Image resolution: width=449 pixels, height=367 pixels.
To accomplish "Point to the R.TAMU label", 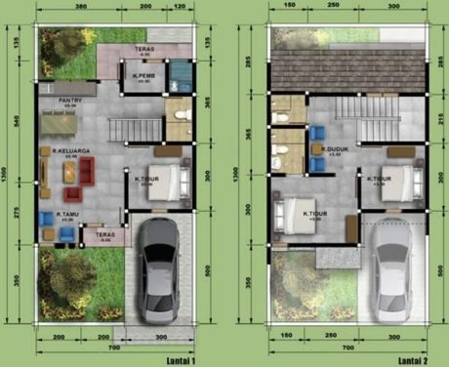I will tap(66, 216).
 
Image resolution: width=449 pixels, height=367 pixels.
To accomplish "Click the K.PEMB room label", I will tap(143, 75).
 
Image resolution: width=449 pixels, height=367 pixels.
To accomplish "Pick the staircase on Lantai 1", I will tap(130, 128).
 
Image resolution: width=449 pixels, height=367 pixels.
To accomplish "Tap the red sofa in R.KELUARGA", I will tap(86, 173).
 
